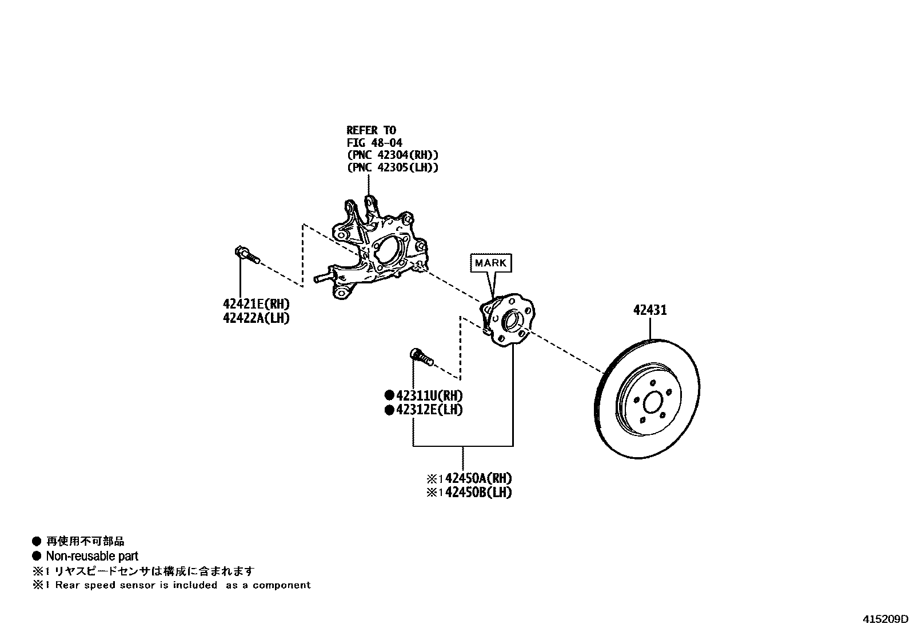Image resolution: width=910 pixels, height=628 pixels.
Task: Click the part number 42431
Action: point(650,310)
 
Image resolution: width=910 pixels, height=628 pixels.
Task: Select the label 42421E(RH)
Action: point(256,304)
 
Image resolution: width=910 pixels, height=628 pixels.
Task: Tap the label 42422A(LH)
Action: point(256,318)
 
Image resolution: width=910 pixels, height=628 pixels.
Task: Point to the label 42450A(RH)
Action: point(478,478)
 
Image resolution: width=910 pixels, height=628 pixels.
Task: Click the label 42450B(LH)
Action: point(478,492)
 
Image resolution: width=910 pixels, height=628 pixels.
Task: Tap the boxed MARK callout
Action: point(490,263)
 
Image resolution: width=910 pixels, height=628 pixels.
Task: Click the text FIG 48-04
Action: point(374,143)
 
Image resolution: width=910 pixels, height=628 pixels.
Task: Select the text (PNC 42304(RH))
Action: point(392,155)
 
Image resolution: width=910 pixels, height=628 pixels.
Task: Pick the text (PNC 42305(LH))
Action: point(392,167)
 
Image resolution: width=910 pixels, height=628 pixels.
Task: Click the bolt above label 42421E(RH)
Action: point(246,255)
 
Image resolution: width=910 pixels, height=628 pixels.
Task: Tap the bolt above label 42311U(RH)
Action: point(422,357)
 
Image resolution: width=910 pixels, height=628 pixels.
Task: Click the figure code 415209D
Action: point(885,619)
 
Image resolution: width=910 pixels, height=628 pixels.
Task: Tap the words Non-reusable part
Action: point(92,556)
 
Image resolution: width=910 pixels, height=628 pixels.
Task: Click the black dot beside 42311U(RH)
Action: point(389,395)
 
